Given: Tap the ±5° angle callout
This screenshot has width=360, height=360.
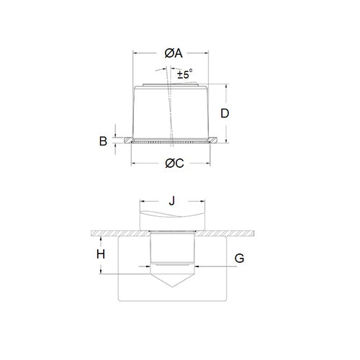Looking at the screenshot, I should pyautogui.click(x=186, y=73).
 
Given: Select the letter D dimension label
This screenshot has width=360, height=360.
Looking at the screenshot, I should pyautogui.click(x=225, y=114).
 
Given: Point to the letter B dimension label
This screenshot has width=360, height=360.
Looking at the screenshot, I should pyautogui.click(x=103, y=141).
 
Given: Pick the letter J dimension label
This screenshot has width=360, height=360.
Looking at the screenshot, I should pyautogui.click(x=171, y=202).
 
